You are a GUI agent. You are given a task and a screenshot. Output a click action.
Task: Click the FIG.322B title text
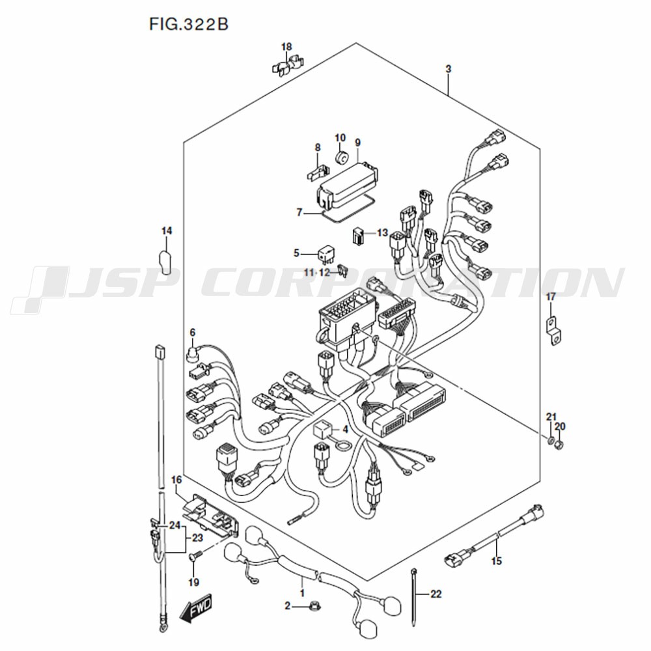coord(189,24)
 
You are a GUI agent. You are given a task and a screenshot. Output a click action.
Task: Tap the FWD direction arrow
coord(196,609)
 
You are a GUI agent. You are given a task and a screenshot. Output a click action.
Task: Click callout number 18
coord(286,47)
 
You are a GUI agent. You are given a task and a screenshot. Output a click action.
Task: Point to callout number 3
coord(449,69)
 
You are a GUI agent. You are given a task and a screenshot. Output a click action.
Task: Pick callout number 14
coord(167,231)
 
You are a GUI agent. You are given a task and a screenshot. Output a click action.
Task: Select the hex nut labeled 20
coord(559,445)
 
